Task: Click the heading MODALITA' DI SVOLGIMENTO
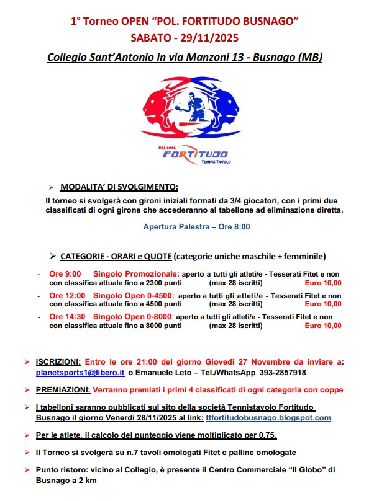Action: click(119, 187)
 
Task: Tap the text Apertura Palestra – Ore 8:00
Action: click(196, 228)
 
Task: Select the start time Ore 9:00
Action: click(65, 273)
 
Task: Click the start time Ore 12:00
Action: click(67, 295)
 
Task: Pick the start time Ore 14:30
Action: click(67, 317)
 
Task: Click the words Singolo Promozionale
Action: click(136, 273)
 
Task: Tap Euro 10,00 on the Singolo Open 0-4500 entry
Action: click(323, 304)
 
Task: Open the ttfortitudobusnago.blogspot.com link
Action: click(268, 418)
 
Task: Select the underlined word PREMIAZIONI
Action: click(64, 390)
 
